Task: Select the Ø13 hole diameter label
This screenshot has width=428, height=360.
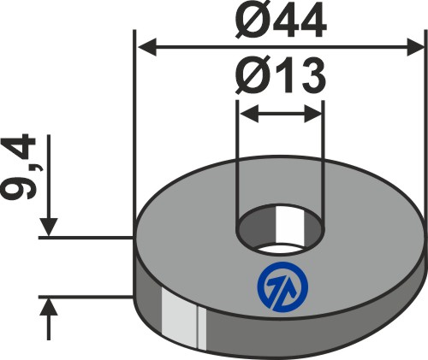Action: pos(281,81)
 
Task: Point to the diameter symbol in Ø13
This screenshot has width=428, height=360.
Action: pos(249,81)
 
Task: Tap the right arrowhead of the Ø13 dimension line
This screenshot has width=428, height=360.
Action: pos(314,112)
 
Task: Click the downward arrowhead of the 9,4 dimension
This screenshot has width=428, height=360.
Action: pos(51,227)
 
